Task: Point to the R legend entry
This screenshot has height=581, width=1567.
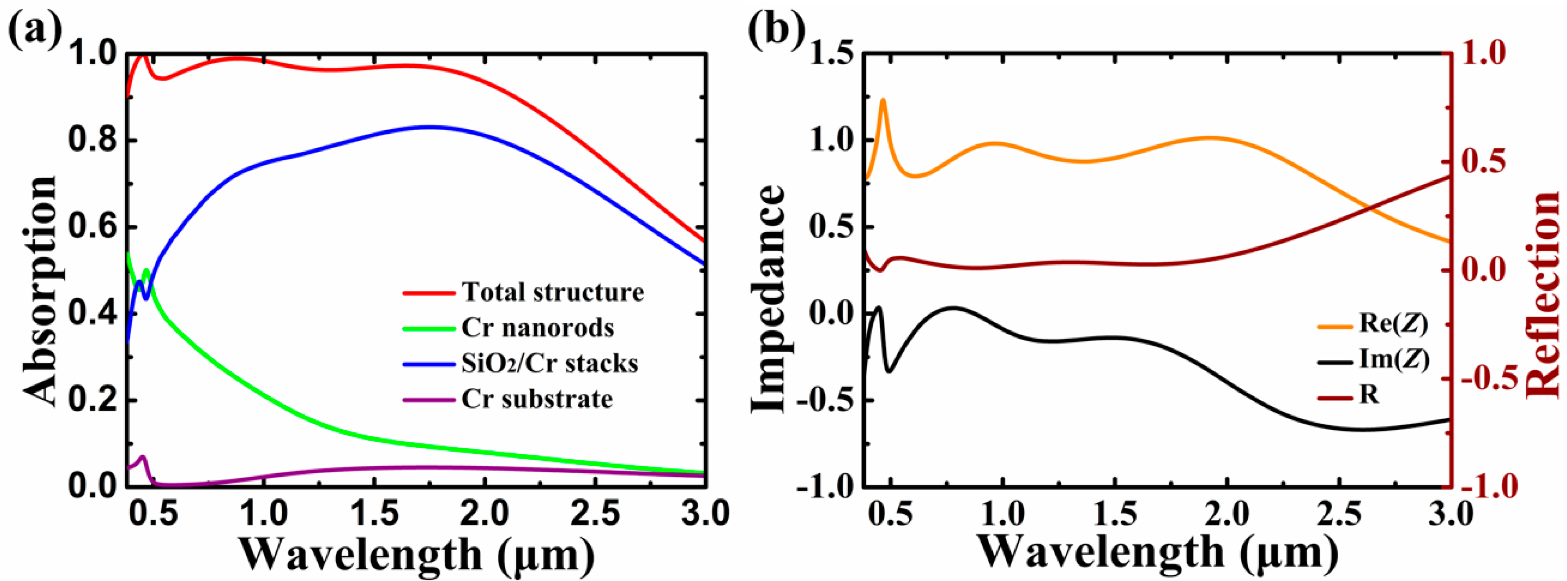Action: coord(1369,395)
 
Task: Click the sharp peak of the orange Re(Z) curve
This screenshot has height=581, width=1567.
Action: coord(883,100)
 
